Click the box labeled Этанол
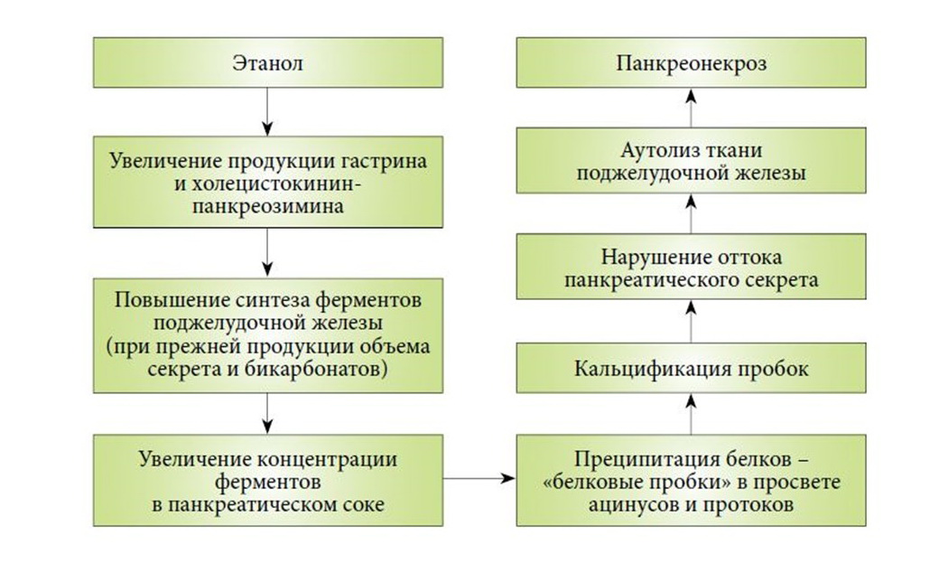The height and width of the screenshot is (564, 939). (267, 64)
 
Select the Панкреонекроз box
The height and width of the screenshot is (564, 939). (692, 64)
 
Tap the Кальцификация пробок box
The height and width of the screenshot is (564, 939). (692, 369)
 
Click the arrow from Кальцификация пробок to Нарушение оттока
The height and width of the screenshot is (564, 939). (692, 322)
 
